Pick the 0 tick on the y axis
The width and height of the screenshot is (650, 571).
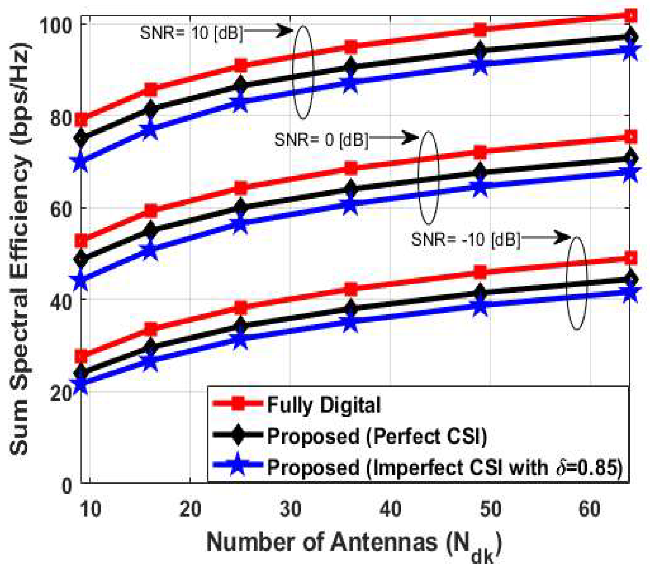coord(67,486)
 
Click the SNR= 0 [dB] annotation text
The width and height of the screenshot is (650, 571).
coord(321,140)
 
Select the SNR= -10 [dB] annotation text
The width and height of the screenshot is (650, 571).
coord(466,239)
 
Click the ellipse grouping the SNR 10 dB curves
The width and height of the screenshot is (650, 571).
coord(303,72)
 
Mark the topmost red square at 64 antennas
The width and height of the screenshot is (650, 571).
coord(631,15)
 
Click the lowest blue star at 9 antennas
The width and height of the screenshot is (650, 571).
coord(81,385)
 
